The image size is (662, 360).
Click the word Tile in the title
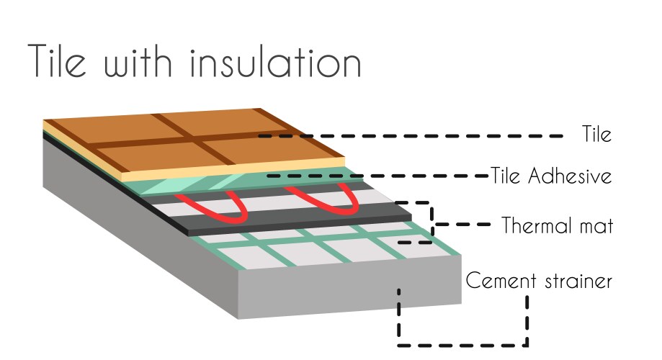58,60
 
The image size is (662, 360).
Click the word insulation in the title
276,62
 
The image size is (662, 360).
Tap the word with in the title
138,62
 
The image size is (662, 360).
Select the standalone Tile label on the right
596,134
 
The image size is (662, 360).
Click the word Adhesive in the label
570,175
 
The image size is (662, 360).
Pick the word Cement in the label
501,281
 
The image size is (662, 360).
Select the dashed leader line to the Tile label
411,136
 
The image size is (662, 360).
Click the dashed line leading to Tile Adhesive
378,176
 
